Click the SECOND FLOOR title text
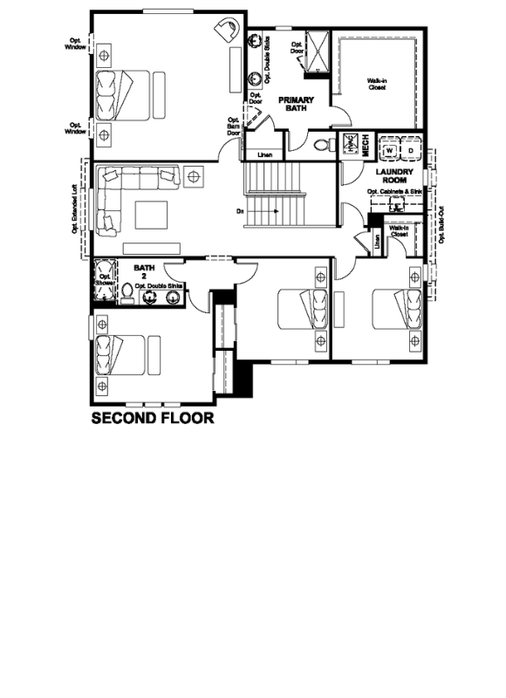click(x=153, y=419)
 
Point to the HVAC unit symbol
click(x=349, y=145)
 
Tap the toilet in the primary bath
click(x=320, y=145)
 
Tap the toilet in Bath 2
click(x=128, y=291)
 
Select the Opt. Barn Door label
click(x=234, y=127)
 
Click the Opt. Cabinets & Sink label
click(x=394, y=191)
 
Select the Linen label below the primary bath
click(x=263, y=155)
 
